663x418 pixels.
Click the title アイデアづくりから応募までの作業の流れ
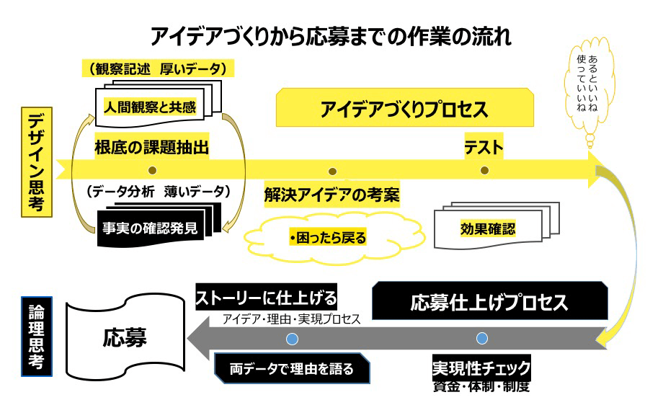click(331, 37)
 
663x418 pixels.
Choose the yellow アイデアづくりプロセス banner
click(404, 110)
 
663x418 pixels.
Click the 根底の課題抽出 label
click(151, 148)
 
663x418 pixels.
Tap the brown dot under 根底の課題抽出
click(151, 171)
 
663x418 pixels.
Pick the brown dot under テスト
click(484, 171)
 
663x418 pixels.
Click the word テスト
click(484, 148)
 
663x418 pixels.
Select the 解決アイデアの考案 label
click(331, 195)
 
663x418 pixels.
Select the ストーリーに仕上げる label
click(267, 298)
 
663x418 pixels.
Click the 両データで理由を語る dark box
click(292, 369)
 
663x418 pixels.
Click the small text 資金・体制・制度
click(481, 387)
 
